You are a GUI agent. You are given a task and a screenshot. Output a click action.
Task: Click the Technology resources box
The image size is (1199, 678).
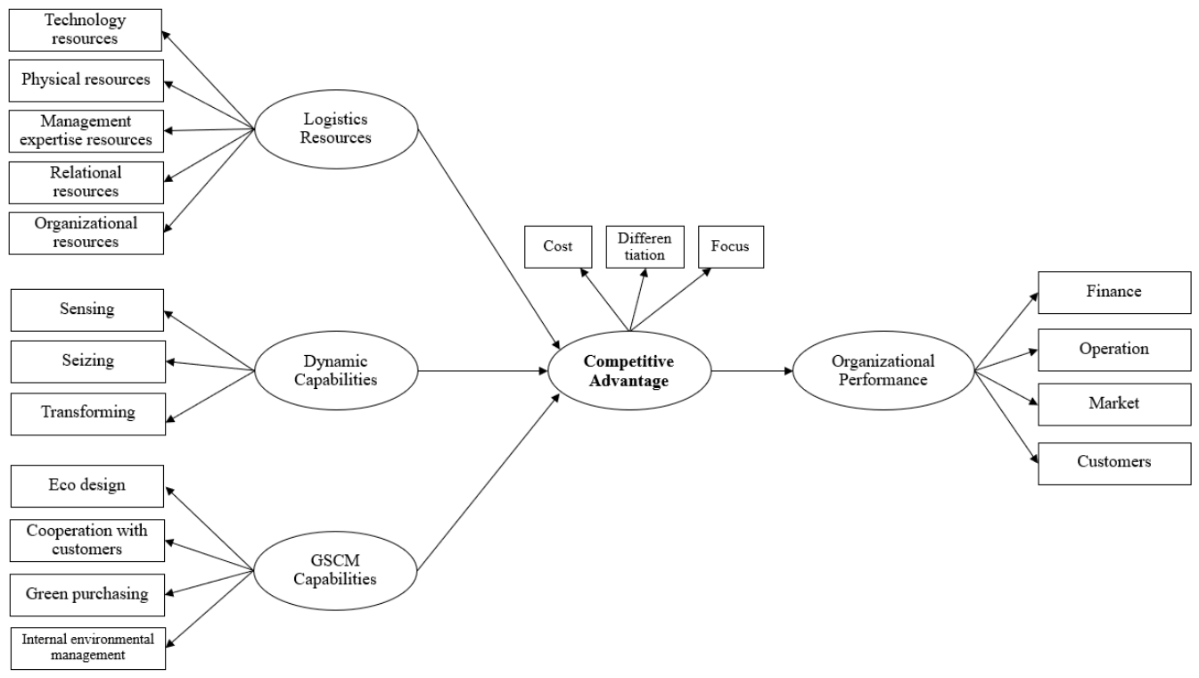pos(85,30)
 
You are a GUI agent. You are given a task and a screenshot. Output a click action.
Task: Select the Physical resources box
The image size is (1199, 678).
pos(86,80)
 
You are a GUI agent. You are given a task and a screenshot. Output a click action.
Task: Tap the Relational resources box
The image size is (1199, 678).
pos(86,183)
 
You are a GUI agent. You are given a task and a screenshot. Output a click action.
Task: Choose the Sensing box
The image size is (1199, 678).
pos(87,310)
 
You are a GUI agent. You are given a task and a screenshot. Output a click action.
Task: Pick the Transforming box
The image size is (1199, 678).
pos(88,414)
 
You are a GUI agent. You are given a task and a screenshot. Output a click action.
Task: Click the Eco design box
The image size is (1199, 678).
pos(87,485)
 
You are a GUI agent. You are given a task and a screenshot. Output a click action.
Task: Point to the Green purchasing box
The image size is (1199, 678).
pos(87,595)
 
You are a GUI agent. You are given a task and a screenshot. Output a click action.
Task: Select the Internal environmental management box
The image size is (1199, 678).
pos(88,648)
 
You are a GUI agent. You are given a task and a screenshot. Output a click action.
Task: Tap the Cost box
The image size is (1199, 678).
pos(558,247)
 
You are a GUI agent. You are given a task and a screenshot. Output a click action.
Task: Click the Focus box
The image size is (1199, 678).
pos(731,247)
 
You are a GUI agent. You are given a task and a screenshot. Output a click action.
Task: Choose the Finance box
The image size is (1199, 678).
pos(1114,293)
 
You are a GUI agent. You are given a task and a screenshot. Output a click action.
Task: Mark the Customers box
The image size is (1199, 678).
pos(1114,464)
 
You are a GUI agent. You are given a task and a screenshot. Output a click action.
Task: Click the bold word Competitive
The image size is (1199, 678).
pos(628,361)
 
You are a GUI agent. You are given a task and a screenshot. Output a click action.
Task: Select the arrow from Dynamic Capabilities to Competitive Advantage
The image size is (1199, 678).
pos(483,370)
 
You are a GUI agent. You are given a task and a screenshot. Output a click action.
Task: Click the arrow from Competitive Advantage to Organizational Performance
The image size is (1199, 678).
pos(752,370)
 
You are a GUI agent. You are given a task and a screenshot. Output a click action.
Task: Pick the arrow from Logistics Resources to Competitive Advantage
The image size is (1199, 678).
pos(489,239)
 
